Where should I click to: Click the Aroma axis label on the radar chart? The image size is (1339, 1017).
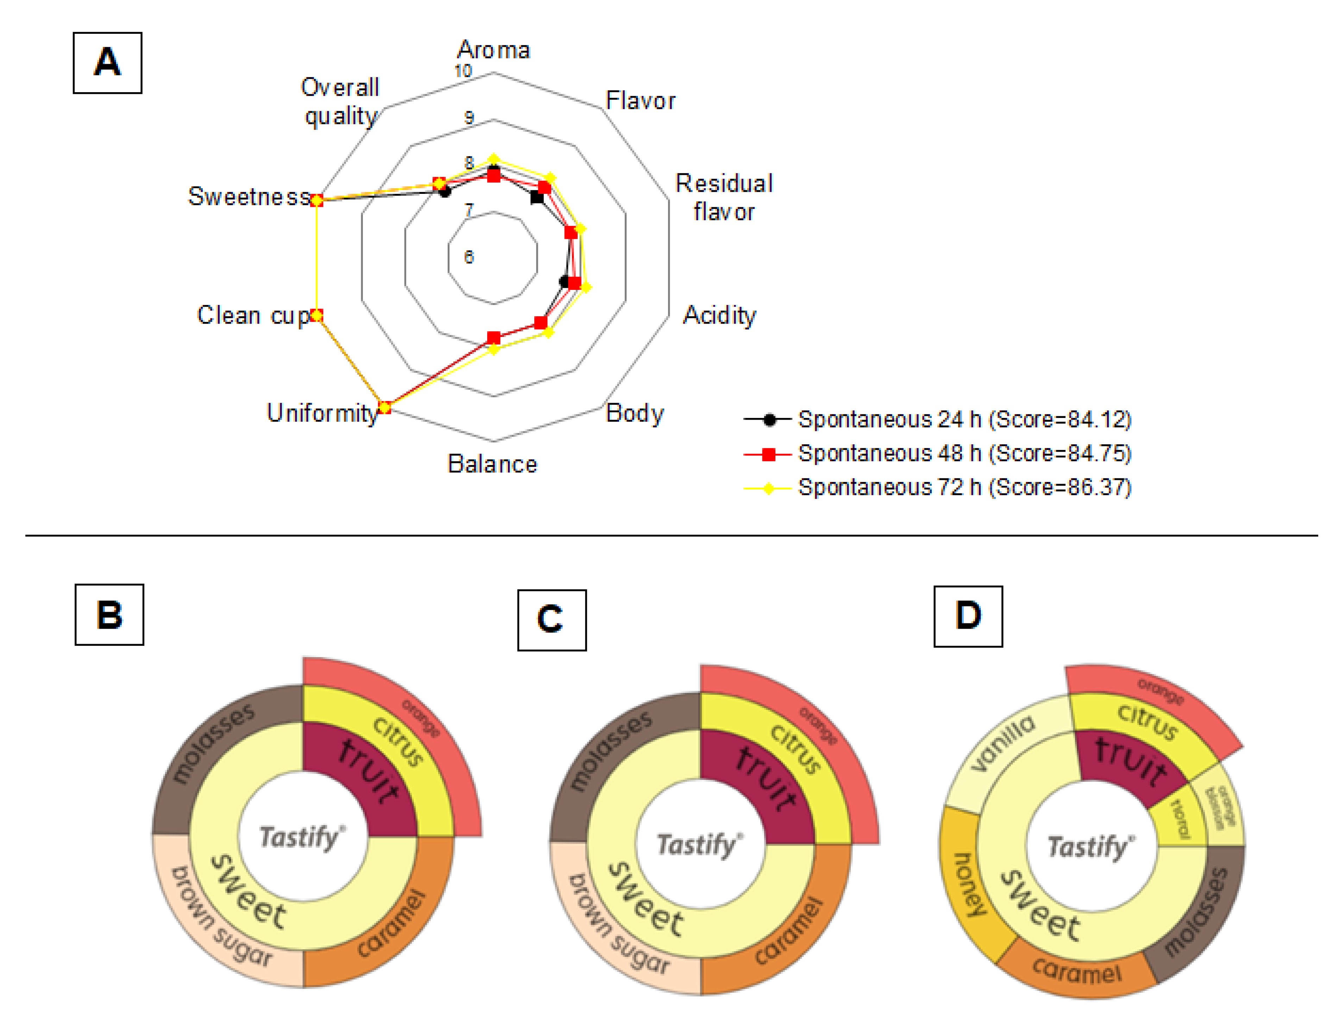(494, 50)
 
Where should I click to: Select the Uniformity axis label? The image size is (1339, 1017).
(322, 413)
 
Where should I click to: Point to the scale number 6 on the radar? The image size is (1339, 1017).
(469, 257)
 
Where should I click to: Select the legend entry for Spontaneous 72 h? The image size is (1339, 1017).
(964, 487)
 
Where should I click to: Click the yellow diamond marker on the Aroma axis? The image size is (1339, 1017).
(494, 160)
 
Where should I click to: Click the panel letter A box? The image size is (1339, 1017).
(107, 63)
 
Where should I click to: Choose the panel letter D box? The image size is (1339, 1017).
(968, 616)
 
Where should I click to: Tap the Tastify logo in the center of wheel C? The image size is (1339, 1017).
(699, 845)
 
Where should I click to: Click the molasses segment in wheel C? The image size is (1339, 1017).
(609, 751)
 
